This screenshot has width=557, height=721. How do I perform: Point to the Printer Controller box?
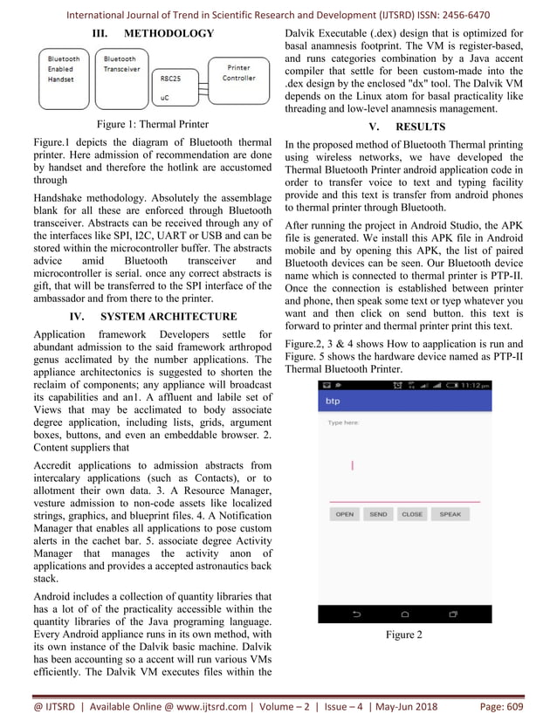(x=238, y=73)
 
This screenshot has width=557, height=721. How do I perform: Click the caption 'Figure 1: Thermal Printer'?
(x=153, y=124)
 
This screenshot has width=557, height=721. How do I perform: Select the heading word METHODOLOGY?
(x=168, y=33)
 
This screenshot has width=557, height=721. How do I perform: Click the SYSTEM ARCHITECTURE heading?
(x=168, y=316)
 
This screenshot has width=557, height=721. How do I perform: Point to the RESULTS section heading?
(x=419, y=127)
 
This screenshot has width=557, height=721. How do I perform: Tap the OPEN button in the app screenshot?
(x=345, y=514)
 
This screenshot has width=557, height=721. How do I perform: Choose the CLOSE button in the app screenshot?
(x=411, y=514)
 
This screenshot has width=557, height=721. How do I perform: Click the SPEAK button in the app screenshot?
(x=450, y=514)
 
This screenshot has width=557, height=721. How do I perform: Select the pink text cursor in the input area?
(x=352, y=465)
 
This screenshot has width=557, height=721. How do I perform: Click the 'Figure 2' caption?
(x=403, y=635)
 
